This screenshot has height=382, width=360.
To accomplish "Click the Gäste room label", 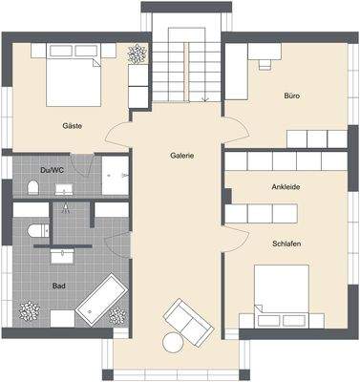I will pyautogui.click(x=71, y=125).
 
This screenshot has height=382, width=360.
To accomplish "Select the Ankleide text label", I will pyautogui.click(x=286, y=186).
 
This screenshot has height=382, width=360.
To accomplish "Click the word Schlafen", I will pyautogui.click(x=286, y=244).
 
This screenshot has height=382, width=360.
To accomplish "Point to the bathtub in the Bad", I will pyautogui.click(x=98, y=301).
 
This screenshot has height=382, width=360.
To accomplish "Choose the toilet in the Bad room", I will pyautogui.click(x=36, y=232).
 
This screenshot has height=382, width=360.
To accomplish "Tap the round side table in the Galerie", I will pyautogui.click(x=173, y=341).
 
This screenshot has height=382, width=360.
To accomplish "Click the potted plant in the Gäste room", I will pyautogui.click(x=138, y=53).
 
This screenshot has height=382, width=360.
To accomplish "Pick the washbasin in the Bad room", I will pyautogui.click(x=66, y=255).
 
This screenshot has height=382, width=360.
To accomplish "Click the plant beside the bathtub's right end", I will pyautogui.click(x=118, y=315).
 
